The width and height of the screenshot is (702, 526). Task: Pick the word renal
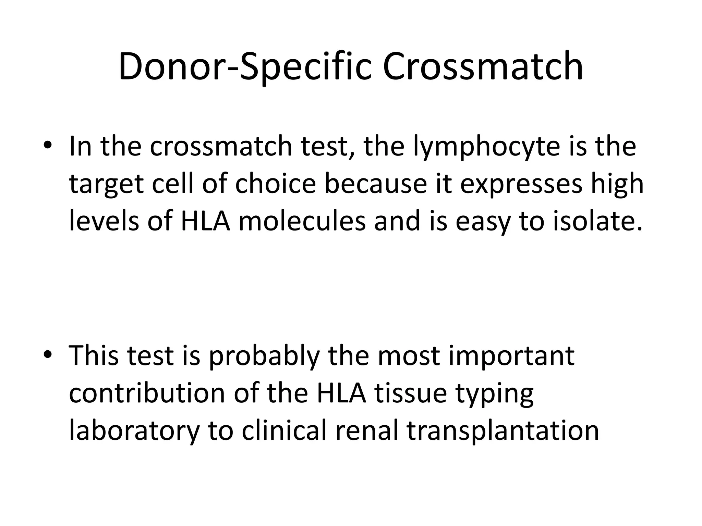click(367, 430)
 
